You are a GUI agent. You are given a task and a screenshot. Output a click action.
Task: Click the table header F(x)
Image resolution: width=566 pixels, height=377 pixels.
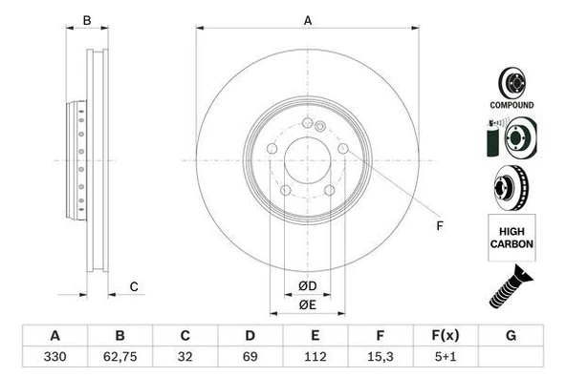click(x=445, y=337)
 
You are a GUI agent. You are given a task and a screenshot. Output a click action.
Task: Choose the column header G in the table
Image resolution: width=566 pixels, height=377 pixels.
click(x=511, y=337)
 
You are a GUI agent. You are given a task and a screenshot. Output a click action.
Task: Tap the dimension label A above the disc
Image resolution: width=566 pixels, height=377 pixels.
click(x=307, y=20)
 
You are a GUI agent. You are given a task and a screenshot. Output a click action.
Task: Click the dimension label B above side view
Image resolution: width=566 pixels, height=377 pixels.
click(x=86, y=20)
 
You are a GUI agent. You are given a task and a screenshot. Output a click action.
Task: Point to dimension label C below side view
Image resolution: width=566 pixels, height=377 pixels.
click(x=134, y=286)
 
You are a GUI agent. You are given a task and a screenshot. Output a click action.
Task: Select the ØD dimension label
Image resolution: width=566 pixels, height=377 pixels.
click(x=307, y=285)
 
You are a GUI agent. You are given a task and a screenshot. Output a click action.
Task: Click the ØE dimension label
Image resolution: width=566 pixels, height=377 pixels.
click(x=307, y=304)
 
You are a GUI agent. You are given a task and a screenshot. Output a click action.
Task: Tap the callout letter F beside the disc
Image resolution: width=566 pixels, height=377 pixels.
click(x=439, y=226)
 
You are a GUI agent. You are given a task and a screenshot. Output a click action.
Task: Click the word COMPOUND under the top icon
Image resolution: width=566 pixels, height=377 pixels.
click(x=513, y=105)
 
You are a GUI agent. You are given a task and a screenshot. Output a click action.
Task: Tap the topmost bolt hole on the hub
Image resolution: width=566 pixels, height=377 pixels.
click(x=307, y=123)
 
